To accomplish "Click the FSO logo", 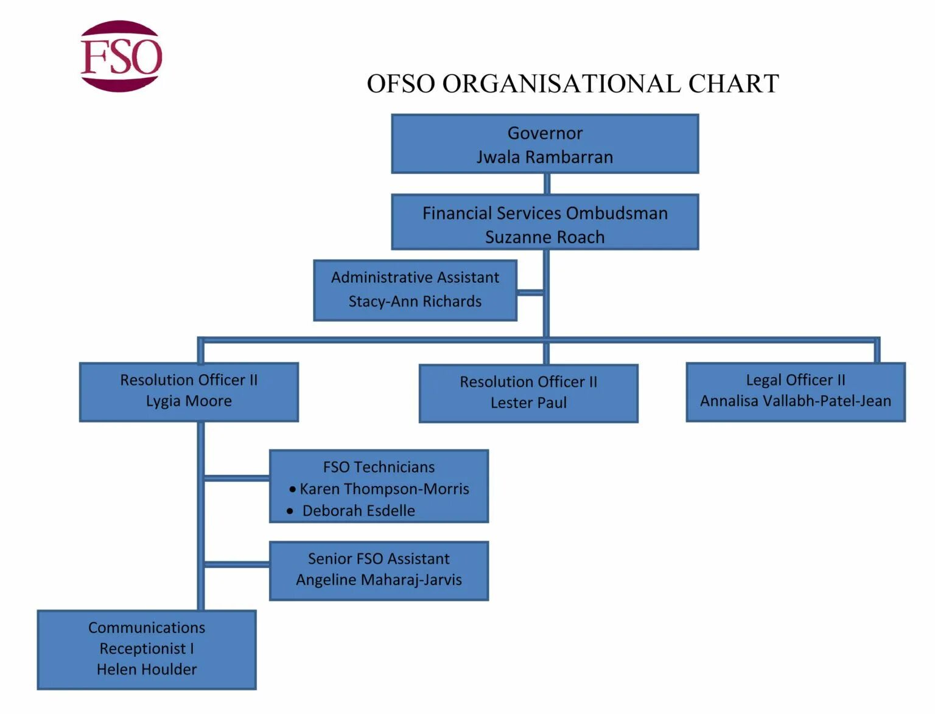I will [x=121, y=56].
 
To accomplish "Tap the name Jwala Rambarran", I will [x=545, y=157].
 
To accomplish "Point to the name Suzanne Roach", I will [x=545, y=237].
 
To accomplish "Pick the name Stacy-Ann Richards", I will [x=415, y=301].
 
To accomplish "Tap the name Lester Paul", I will [x=528, y=403].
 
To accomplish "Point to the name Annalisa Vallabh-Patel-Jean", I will [x=796, y=401].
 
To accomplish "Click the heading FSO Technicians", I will [x=379, y=467].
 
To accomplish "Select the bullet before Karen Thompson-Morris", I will [x=293, y=489].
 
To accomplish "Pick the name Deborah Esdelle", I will [x=359, y=511].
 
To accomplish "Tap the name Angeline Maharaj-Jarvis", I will [x=379, y=580].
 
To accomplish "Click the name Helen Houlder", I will [x=147, y=670].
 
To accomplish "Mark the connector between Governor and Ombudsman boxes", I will [x=547, y=184].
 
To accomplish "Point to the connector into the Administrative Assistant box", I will [x=530, y=293].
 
